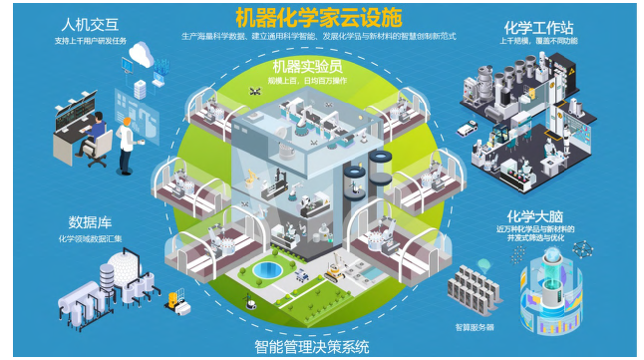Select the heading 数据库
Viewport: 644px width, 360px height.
point(88,221)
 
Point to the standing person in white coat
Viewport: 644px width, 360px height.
point(129,140)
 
